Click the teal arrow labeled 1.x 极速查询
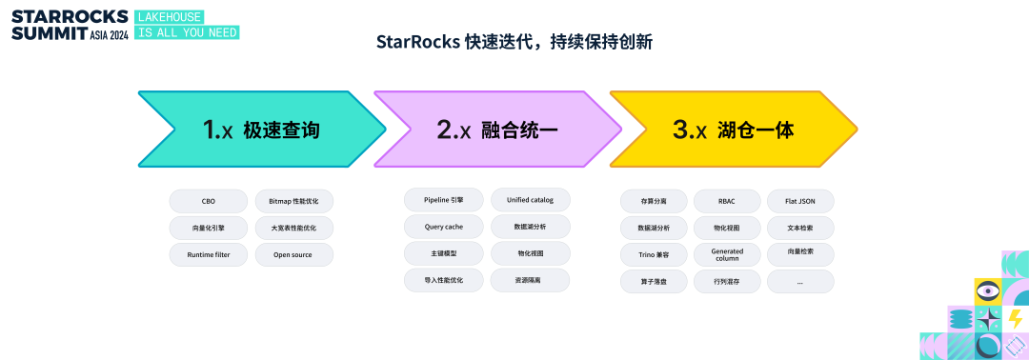pyautogui.click(x=263, y=130)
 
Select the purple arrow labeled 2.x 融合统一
pyautogui.click(x=497, y=130)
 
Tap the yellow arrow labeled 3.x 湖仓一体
pyautogui.click(x=734, y=130)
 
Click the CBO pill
pyautogui.click(x=209, y=201)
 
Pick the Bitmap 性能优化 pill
pyautogui.click(x=294, y=201)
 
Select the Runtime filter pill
pyautogui.click(x=209, y=254)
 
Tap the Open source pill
pyautogui.click(x=294, y=254)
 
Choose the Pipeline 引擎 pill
pyautogui.click(x=444, y=200)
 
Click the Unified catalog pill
pyautogui.click(x=531, y=200)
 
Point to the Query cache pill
pyautogui.click(x=444, y=227)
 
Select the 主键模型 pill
pyautogui.click(x=444, y=253)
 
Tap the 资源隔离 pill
pyautogui.click(x=531, y=280)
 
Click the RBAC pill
pyautogui.click(x=727, y=201)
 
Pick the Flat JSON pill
pyautogui.click(x=800, y=201)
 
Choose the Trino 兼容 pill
pyautogui.click(x=654, y=254)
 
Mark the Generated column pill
pyautogui.click(x=727, y=254)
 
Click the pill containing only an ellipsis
pyautogui.click(x=800, y=281)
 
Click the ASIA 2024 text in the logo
pyautogui.click(x=110, y=34)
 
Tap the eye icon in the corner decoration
pyautogui.click(x=988, y=290)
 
